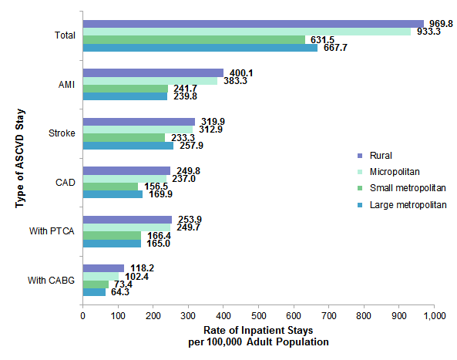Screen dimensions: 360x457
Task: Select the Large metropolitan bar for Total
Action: [200, 48]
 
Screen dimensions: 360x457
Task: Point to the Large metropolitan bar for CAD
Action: [113, 194]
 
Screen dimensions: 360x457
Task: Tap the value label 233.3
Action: [181, 137]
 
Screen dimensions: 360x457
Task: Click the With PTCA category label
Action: [55, 231]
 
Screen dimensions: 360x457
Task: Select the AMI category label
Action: [66, 85]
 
